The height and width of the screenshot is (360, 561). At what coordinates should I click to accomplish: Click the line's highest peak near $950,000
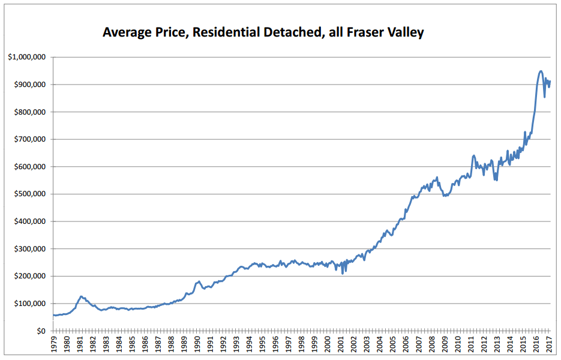(x=541, y=71)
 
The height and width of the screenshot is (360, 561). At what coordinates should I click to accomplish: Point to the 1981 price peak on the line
(x=81, y=296)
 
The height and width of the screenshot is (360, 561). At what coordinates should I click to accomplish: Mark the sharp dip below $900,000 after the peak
(x=545, y=97)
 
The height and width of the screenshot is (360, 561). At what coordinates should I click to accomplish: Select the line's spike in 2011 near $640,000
(x=474, y=155)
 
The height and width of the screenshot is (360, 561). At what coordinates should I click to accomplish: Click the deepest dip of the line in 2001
(x=343, y=274)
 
